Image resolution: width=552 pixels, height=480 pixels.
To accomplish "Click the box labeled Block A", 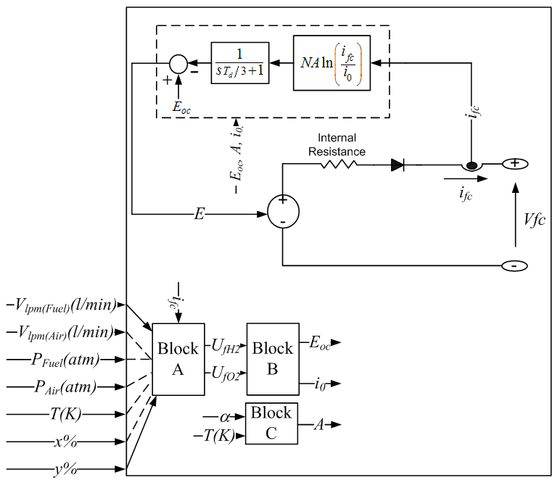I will (x=178, y=358).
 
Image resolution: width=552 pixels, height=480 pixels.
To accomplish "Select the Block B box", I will (x=272, y=358).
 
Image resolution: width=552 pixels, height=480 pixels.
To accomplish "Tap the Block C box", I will (x=271, y=423).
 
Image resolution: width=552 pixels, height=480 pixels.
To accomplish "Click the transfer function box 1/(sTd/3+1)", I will (x=240, y=63).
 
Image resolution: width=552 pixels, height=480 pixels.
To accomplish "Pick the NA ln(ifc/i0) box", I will (x=331, y=63).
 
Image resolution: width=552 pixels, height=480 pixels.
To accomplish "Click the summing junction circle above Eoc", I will (x=177, y=63).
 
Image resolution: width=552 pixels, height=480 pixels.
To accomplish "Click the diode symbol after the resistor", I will (x=397, y=164).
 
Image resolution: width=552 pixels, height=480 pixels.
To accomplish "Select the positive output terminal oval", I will (x=515, y=164).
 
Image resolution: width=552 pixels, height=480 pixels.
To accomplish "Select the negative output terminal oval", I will (x=514, y=265).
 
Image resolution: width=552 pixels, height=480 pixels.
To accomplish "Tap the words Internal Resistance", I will (x=337, y=145).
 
